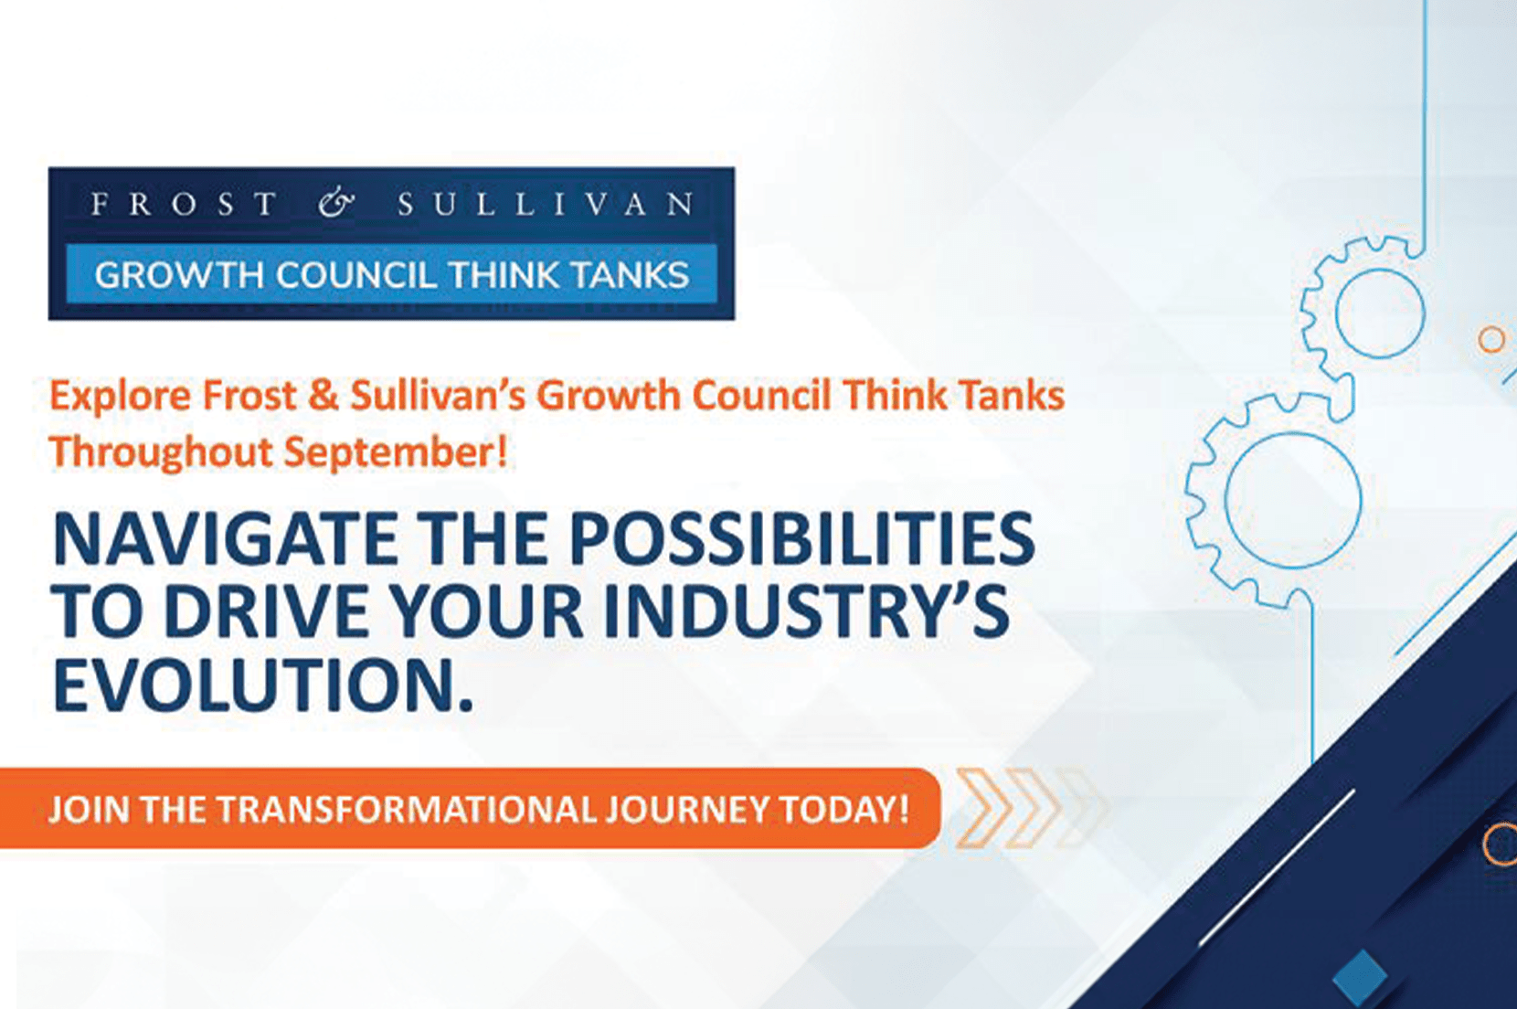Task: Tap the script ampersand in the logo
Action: tap(336, 204)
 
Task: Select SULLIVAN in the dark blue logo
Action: tap(546, 204)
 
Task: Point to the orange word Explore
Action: tap(121, 397)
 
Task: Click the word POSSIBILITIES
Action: tap(801, 539)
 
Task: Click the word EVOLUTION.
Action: tap(262, 685)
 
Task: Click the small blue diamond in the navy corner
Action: tap(1359, 976)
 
